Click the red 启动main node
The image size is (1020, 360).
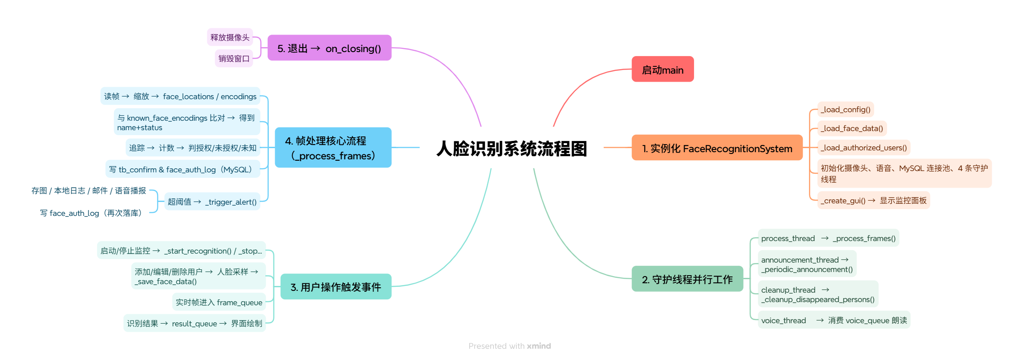pyautogui.click(x=662, y=69)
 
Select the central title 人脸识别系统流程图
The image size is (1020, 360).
pyautogui.click(x=511, y=149)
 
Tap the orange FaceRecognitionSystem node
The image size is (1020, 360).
pyautogui.click(x=717, y=148)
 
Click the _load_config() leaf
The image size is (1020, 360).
pyautogui.click(x=845, y=110)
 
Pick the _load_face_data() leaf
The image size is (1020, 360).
pyautogui.click(x=851, y=128)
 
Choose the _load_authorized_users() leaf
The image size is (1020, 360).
pyautogui.click(x=863, y=148)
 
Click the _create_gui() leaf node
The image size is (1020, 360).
pyautogui.click(x=873, y=201)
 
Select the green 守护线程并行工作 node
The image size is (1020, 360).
pyautogui.click(x=687, y=279)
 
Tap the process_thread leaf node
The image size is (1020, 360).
pyautogui.click(x=828, y=238)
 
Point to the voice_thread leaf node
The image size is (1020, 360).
pyautogui.click(x=834, y=320)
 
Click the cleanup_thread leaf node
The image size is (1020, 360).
pyautogui.click(x=818, y=294)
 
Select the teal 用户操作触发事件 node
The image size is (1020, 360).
pyautogui.click(x=335, y=287)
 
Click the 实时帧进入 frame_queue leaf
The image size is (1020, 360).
pyautogui.click(x=219, y=302)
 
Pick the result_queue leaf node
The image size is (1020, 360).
pyautogui.click(x=194, y=323)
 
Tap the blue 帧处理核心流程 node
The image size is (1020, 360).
pyautogui.click(x=333, y=148)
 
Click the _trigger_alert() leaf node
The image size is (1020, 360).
pyautogui.click(x=212, y=202)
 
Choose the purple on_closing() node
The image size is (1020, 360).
pyautogui.click(x=329, y=48)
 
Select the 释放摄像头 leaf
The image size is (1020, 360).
pyautogui.click(x=229, y=37)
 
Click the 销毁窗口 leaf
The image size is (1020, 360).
pyautogui.click(x=233, y=58)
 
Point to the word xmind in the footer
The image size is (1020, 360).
pyautogui.click(x=539, y=346)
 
